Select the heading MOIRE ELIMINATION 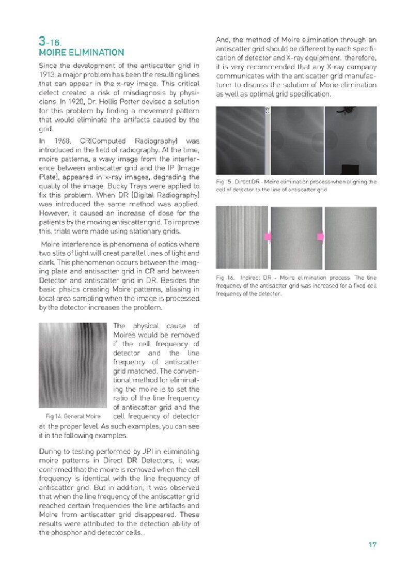(x=81, y=52)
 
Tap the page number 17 (x=372, y=544)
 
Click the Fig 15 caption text (x=295, y=186)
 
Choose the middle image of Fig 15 (x=297, y=140)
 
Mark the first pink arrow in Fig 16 (x=268, y=237)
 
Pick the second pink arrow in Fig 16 (x=320, y=237)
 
